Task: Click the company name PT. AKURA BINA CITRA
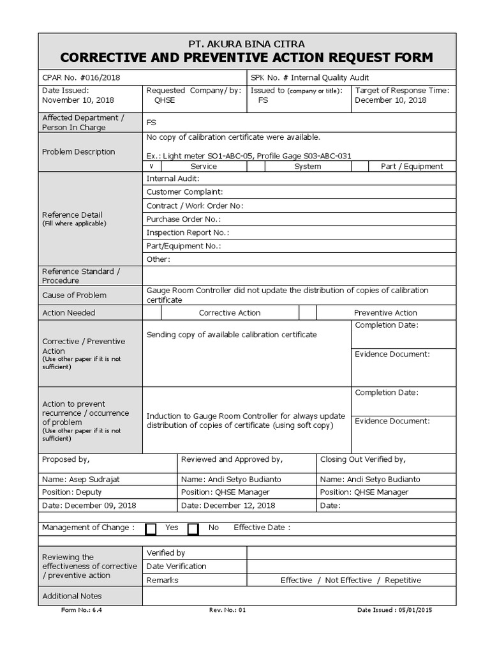click(x=246, y=44)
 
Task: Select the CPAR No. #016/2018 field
click(x=80, y=77)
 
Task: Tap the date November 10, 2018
click(x=78, y=100)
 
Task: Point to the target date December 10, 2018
click(x=390, y=100)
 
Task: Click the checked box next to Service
click(x=152, y=166)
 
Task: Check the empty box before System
click(x=256, y=166)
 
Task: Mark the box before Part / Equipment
click(x=360, y=166)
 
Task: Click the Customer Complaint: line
click(x=185, y=192)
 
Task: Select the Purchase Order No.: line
click(x=184, y=219)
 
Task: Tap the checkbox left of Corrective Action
click(x=152, y=313)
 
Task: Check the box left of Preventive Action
click(x=308, y=313)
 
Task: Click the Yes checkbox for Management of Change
click(x=151, y=529)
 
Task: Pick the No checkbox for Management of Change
click(x=193, y=529)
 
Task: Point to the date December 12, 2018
click(x=239, y=506)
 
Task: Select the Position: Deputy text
click(x=71, y=492)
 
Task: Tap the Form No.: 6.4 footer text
click(x=82, y=611)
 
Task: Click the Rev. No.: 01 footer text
click(x=227, y=611)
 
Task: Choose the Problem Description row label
click(x=78, y=152)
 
